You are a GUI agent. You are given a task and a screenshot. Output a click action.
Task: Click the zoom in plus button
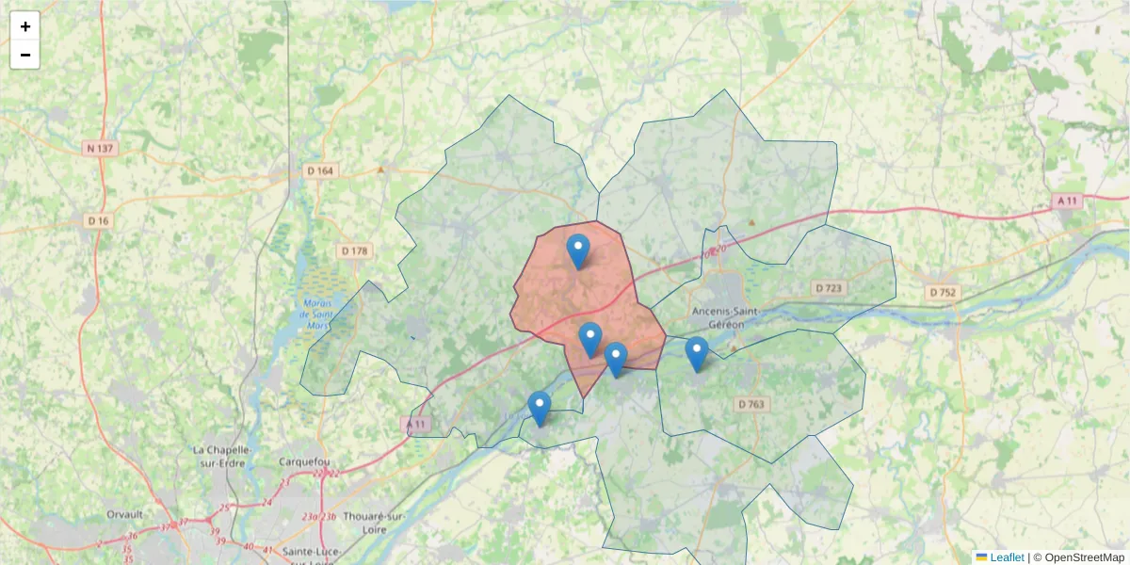pyautogui.click(x=25, y=26)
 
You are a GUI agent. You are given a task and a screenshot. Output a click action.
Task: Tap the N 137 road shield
pyautogui.click(x=99, y=148)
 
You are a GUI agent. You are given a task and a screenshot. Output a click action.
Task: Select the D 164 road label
pyautogui.click(x=320, y=170)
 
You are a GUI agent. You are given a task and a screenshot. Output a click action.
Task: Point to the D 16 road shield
pyautogui.click(x=99, y=220)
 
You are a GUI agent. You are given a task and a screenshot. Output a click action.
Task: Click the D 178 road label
pyautogui.click(x=354, y=250)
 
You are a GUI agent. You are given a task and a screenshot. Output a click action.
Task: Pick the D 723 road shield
pyautogui.click(x=830, y=287)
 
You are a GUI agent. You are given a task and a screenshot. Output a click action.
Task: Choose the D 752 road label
pyautogui.click(x=943, y=292)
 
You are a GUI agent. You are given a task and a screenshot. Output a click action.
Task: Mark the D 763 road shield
pyautogui.click(x=751, y=404)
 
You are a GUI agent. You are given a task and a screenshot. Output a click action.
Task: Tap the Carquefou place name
pyautogui.click(x=302, y=461)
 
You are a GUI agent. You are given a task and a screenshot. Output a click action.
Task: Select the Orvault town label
pyautogui.click(x=124, y=514)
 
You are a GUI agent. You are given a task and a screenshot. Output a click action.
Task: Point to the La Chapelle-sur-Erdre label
pyautogui.click(x=225, y=456)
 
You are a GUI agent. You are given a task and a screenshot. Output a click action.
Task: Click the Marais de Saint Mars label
pyautogui.click(x=318, y=315)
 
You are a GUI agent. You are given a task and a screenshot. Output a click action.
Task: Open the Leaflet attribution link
pyautogui.click(x=1007, y=557)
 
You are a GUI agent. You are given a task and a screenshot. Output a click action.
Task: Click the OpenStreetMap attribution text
pyautogui.click(x=1084, y=557)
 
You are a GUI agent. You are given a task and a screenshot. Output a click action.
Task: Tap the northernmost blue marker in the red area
pyautogui.click(x=578, y=251)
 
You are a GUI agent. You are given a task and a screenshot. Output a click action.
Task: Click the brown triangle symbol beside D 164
pyautogui.click(x=380, y=170)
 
